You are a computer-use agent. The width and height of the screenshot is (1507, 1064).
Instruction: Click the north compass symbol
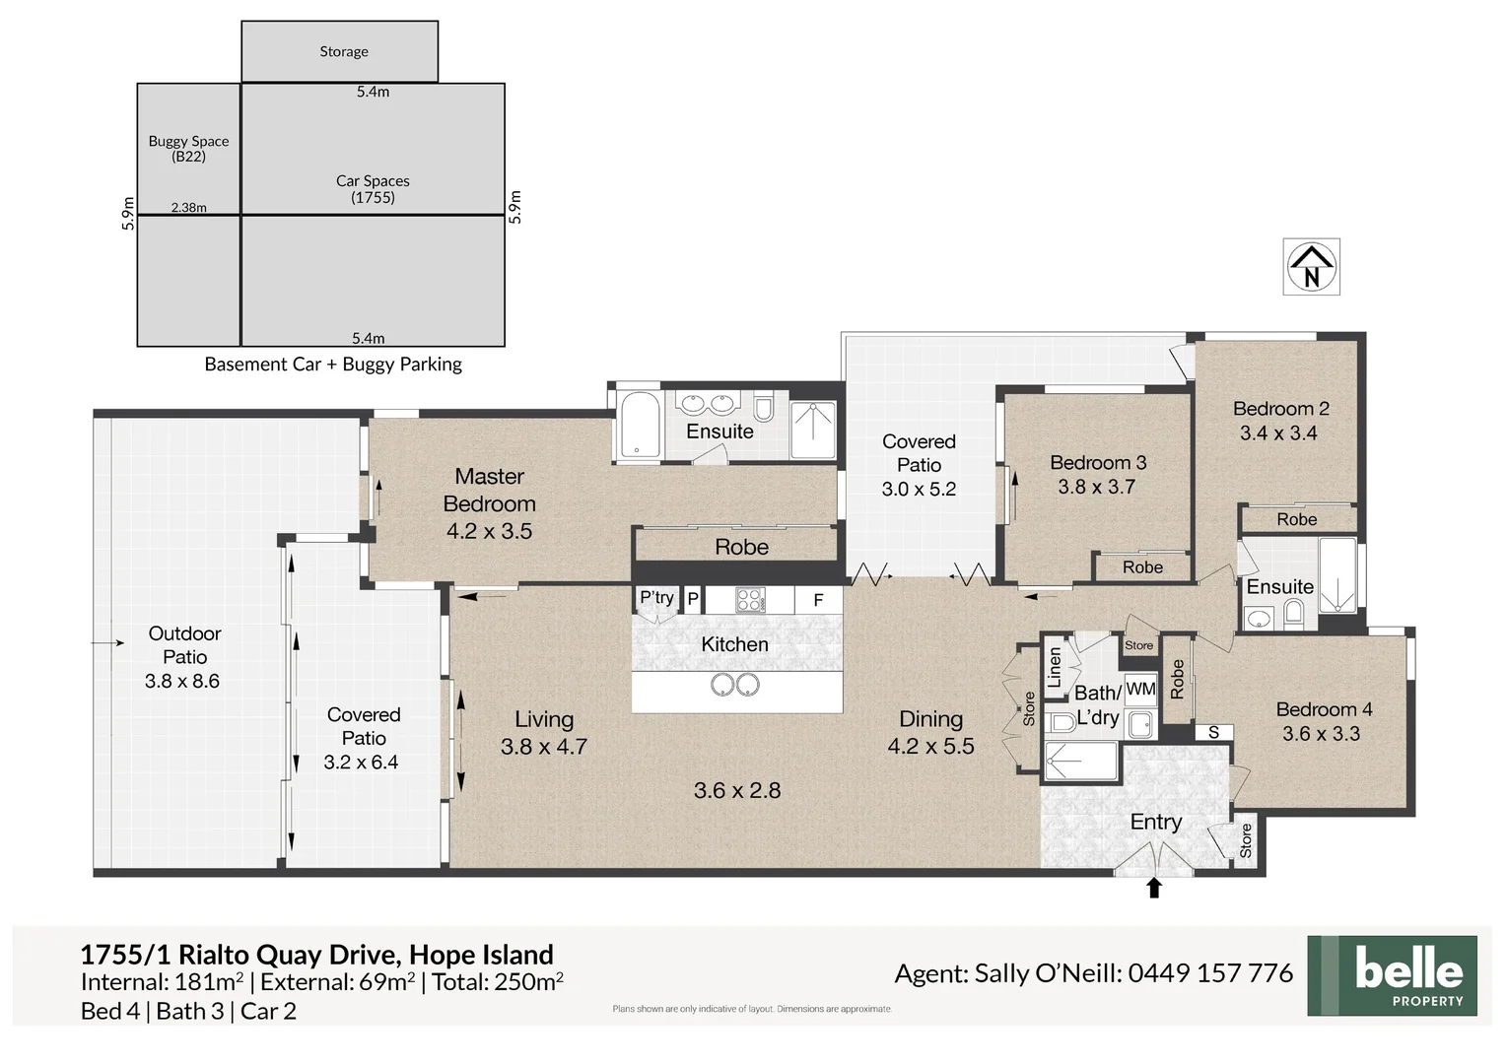tap(1311, 266)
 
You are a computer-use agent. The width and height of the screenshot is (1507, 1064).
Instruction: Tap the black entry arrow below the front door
tap(1154, 888)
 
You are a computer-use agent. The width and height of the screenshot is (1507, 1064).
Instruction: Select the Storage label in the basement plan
tap(343, 51)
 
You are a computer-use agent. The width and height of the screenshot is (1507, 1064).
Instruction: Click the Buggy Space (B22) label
tap(188, 148)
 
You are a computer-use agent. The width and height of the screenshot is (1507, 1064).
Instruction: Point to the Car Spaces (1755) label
tap(373, 188)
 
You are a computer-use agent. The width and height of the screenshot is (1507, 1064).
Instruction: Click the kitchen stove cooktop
tap(750, 600)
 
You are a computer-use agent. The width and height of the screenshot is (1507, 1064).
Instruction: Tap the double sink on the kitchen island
tap(734, 684)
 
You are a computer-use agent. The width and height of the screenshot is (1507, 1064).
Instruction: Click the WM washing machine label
tap(1140, 689)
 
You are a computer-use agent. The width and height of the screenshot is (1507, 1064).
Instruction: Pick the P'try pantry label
tap(656, 597)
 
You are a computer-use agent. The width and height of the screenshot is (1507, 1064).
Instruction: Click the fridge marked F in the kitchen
tap(818, 600)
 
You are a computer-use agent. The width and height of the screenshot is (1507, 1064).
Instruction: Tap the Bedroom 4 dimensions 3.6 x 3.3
tap(1321, 734)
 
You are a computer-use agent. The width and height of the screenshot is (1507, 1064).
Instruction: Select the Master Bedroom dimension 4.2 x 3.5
tap(489, 531)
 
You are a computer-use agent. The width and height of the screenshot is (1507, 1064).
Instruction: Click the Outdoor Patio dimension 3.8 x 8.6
tap(182, 681)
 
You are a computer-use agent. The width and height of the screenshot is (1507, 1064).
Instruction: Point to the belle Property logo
tap(1392, 975)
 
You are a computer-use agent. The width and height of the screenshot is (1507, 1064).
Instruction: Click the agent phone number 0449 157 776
tap(1210, 973)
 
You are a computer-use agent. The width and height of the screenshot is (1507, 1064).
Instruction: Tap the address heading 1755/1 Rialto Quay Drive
tap(316, 954)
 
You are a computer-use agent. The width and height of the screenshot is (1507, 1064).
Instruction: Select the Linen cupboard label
tap(1055, 667)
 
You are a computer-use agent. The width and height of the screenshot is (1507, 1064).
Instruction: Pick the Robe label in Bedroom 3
tap(1142, 566)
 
